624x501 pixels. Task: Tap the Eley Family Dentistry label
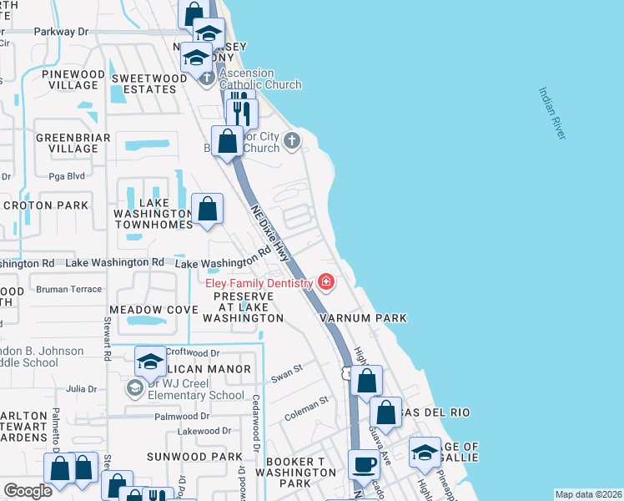259,283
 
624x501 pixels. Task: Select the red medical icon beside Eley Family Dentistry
325,283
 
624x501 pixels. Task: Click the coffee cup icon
364,463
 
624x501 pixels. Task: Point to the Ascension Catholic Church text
260,84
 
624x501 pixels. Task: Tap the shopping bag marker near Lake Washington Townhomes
208,209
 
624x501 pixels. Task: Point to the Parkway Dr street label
61,32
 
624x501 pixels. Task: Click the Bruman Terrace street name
68,289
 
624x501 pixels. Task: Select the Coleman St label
306,405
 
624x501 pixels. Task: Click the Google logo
28,491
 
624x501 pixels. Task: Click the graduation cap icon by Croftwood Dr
149,361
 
